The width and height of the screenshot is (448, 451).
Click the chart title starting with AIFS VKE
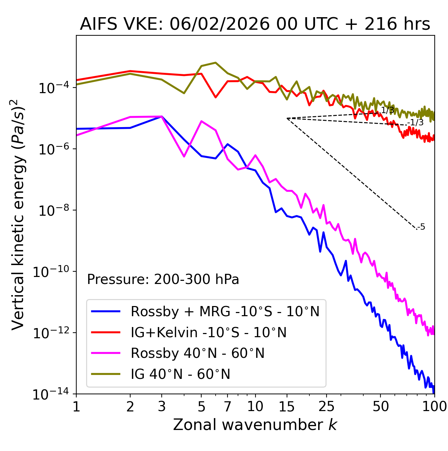point(255,25)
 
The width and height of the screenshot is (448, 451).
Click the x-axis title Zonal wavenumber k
point(255,425)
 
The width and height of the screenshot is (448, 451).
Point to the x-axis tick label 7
point(227,407)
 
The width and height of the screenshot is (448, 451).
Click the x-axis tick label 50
point(380,407)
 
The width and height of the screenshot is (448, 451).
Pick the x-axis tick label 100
point(434,407)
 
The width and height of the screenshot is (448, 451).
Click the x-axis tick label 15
point(287,407)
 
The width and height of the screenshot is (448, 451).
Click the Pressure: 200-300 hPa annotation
point(163,279)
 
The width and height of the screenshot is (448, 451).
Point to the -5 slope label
point(421,227)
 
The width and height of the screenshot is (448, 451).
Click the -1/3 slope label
point(416,123)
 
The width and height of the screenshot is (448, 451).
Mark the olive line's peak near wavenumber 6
point(216,63)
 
